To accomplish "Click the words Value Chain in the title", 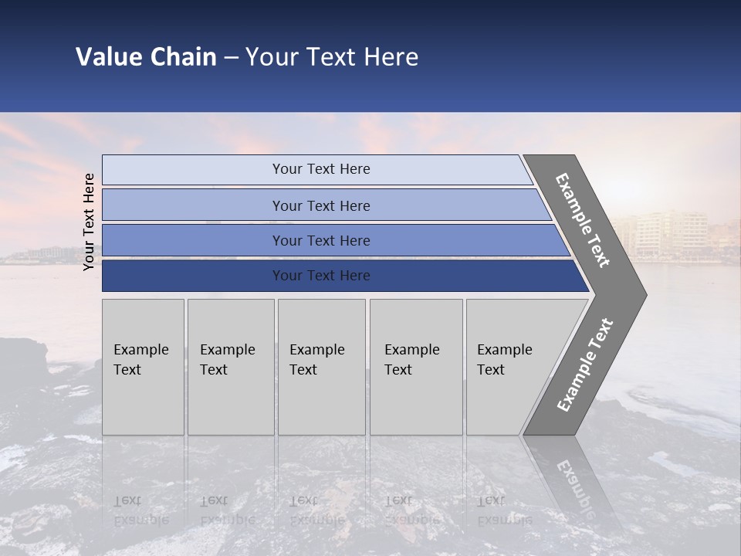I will point(146,57).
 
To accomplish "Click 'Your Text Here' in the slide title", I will point(332,57).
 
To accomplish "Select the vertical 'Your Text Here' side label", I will point(89,222).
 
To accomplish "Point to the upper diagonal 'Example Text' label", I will point(583,220).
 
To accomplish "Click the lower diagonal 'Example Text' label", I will point(584,365).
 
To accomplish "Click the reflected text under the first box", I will point(141,510).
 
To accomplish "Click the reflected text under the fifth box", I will point(504,510).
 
